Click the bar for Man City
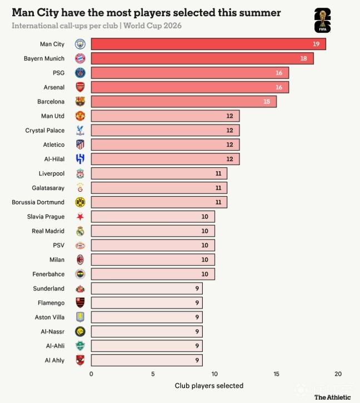point(208,44)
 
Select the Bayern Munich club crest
point(80,58)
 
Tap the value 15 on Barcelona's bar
point(267,102)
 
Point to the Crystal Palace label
point(44,131)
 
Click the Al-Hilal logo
point(80,159)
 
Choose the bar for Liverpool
point(159,173)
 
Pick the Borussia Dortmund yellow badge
point(80,202)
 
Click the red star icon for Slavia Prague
point(80,217)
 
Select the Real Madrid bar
point(153,231)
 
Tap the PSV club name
point(58,245)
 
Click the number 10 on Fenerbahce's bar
point(205,274)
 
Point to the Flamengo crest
point(80,303)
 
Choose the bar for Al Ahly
point(147,360)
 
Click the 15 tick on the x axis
point(276,374)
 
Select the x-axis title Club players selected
point(209,386)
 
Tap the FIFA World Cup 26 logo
point(322,21)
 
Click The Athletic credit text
point(333,397)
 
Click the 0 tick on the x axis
point(91,374)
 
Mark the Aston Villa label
point(49,317)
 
